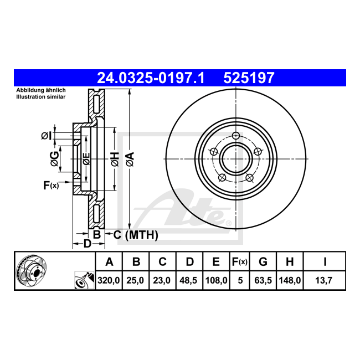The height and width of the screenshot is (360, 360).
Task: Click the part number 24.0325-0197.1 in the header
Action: coord(151,78)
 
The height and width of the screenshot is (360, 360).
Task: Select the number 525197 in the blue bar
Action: coord(249,78)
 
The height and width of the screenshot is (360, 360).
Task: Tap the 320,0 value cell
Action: coord(109,280)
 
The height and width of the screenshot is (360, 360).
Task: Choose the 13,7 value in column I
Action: coord(324,280)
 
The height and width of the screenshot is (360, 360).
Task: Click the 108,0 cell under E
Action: coord(216,280)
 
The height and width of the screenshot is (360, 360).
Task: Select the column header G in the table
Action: coord(263,262)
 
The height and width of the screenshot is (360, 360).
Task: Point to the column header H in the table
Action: coord(290,262)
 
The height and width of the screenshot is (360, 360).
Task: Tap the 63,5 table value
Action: coord(263,280)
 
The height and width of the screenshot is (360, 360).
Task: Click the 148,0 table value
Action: coord(290,280)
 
